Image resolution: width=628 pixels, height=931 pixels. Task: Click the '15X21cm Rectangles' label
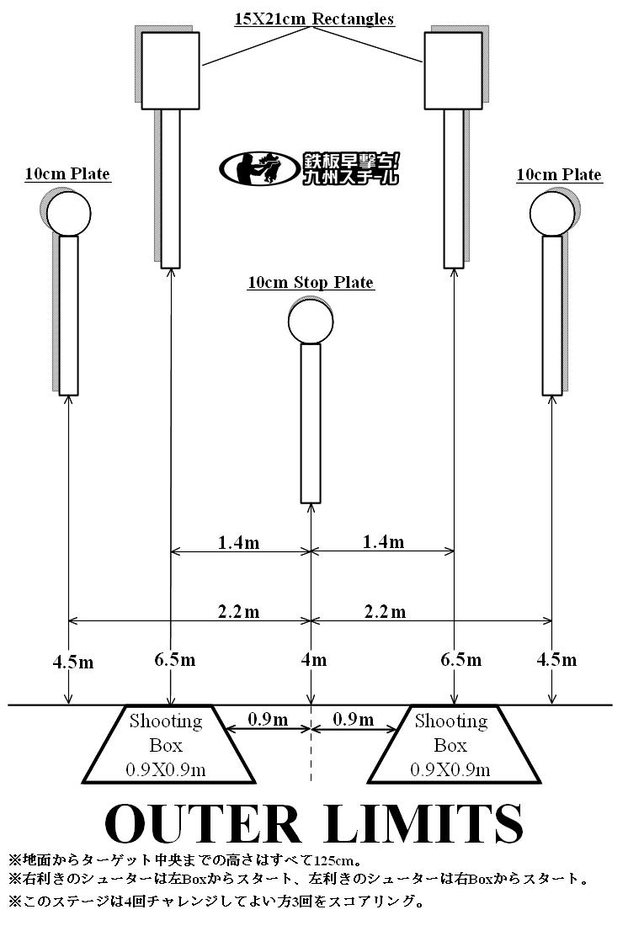(x=314, y=19)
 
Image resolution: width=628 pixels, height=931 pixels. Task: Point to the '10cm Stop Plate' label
(x=311, y=282)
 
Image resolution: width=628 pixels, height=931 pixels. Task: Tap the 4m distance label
(x=313, y=660)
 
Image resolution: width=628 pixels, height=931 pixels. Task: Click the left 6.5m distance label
(x=175, y=660)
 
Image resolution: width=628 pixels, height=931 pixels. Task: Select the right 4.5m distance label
(x=556, y=660)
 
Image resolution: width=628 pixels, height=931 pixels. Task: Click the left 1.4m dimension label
(x=238, y=542)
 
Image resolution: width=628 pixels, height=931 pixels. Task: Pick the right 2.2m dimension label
(x=386, y=612)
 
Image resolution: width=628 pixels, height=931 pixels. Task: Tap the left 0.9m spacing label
(x=268, y=720)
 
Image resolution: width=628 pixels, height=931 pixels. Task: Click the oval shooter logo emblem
(x=258, y=168)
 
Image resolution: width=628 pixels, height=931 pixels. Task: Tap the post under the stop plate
(x=311, y=423)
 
